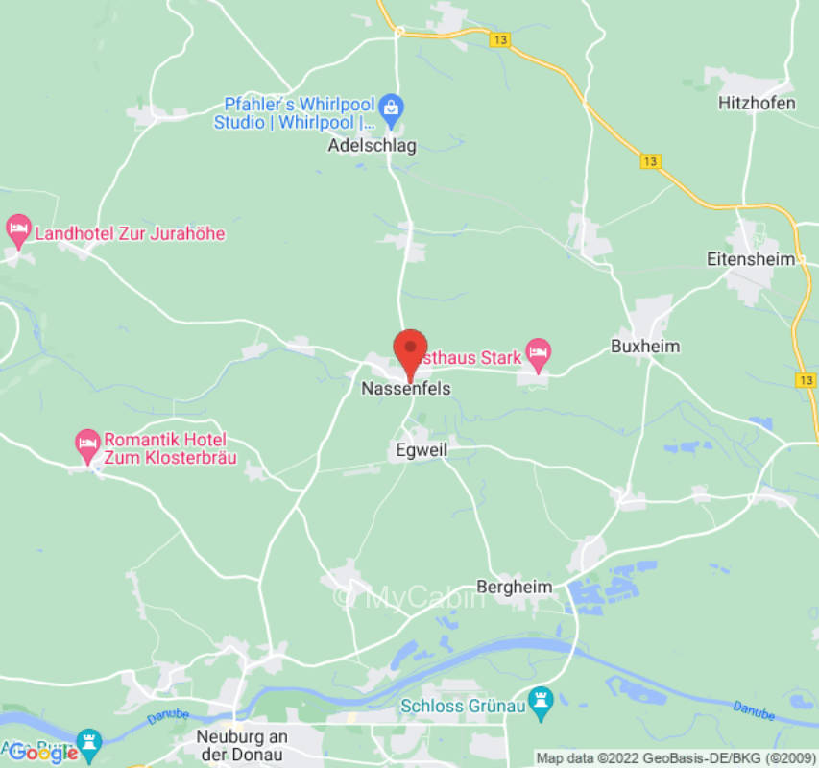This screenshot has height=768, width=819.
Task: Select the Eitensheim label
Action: pos(751,259)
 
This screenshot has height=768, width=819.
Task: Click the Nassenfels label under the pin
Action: pos(405,389)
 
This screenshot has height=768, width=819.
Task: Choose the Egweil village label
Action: pos(422,449)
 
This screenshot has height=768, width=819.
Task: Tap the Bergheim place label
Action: pos(516,587)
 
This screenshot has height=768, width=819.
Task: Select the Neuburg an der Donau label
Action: pos(242,746)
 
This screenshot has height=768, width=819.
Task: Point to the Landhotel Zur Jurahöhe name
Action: pos(130,232)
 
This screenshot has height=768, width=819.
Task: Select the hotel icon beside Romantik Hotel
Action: pos(87,443)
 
